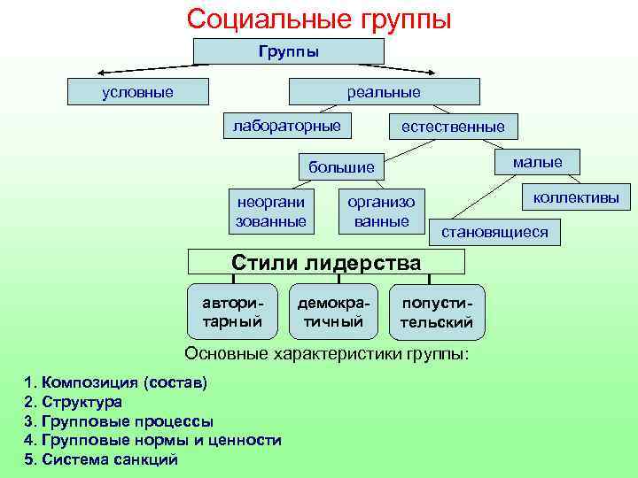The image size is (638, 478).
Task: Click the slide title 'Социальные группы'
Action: [319, 19]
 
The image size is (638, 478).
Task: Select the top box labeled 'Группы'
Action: [289, 51]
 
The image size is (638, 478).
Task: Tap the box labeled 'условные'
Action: [138, 92]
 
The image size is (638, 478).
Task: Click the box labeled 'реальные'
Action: [383, 92]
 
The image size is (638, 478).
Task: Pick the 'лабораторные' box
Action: [286, 126]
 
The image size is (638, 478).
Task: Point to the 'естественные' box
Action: [453, 127]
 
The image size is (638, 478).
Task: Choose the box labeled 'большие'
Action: [341, 166]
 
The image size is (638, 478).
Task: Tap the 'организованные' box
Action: [382, 212]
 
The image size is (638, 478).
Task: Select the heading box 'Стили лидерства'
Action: [326, 262]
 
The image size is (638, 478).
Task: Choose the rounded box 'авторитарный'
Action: [233, 312]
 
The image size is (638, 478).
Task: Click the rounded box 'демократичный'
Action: [333, 312]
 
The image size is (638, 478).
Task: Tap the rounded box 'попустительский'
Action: [437, 312]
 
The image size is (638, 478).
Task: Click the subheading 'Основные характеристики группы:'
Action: [326, 354]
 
